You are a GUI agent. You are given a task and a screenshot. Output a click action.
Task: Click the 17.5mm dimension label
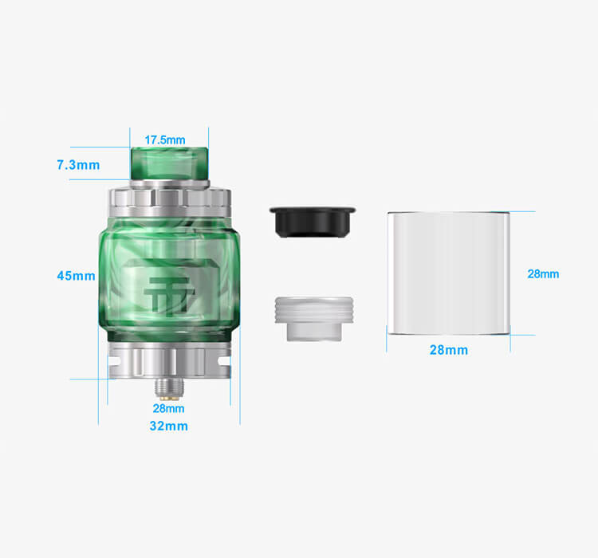pos(165,140)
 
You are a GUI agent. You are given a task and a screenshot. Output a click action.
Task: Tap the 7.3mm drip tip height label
pos(78,165)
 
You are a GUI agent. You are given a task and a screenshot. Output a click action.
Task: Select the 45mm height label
pos(76,276)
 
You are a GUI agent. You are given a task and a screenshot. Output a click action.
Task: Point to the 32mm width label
pos(168,426)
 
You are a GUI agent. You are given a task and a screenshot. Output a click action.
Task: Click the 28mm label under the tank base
pos(168,408)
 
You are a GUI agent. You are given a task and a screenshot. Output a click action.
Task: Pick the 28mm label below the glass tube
pos(448,350)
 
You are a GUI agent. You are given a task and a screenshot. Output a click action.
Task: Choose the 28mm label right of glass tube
pos(543,274)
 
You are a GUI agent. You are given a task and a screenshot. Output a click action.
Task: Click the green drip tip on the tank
pos(170,163)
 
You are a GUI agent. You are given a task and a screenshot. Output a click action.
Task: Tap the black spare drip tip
pos(313,222)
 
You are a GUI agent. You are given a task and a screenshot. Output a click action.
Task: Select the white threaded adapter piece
pos(314,318)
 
